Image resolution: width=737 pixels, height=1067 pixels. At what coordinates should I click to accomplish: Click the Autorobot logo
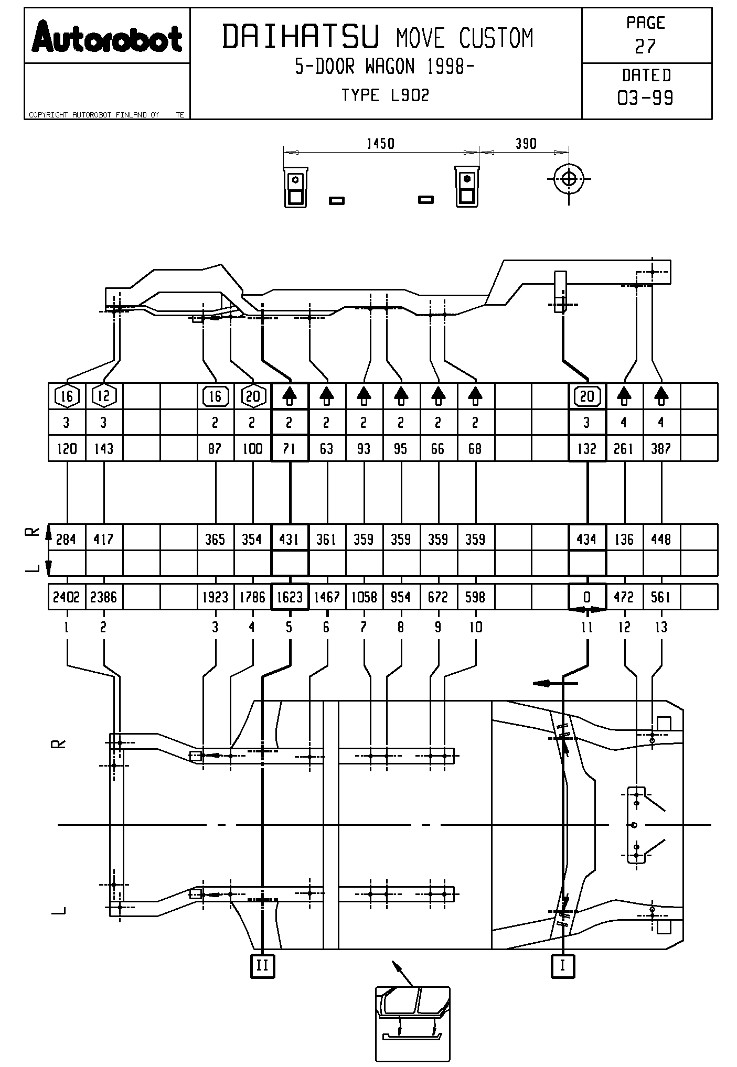pyautogui.click(x=107, y=37)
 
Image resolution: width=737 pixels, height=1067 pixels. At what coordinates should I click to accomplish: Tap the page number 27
pyautogui.click(x=645, y=47)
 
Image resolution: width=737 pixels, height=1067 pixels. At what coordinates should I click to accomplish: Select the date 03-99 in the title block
pyautogui.click(x=646, y=98)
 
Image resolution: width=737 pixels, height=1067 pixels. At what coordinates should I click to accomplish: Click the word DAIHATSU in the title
pyautogui.click(x=301, y=37)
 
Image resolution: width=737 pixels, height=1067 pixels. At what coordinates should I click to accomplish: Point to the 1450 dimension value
pyautogui.click(x=380, y=144)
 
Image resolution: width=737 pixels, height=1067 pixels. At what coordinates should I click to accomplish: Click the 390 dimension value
pyautogui.click(x=526, y=144)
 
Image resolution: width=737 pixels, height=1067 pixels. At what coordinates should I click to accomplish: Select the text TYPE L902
pyautogui.click(x=386, y=95)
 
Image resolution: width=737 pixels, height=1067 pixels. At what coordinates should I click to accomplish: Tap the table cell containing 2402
pyautogui.click(x=66, y=597)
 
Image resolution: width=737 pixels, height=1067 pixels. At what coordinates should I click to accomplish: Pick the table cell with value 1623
pyautogui.click(x=290, y=597)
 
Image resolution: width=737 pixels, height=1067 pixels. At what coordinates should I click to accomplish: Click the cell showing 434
pyautogui.click(x=587, y=539)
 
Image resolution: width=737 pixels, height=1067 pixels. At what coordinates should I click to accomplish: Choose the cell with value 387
pyautogui.click(x=661, y=449)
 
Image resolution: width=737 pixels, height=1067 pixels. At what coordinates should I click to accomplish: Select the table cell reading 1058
pyautogui.click(x=364, y=597)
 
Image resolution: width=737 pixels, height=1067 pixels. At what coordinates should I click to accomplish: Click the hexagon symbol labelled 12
pyautogui.click(x=104, y=396)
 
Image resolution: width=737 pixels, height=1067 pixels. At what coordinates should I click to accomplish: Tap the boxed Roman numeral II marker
pyautogui.click(x=262, y=965)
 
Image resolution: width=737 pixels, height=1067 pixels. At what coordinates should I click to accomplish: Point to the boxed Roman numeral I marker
pyautogui.click(x=563, y=965)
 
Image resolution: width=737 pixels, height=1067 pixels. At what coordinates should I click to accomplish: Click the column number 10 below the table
pyautogui.click(x=475, y=627)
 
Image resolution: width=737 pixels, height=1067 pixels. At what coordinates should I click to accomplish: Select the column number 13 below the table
pyautogui.click(x=661, y=627)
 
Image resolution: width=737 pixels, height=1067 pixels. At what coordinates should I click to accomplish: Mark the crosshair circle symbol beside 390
pyautogui.click(x=569, y=179)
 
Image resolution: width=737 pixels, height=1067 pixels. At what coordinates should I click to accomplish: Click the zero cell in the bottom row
pyautogui.click(x=587, y=597)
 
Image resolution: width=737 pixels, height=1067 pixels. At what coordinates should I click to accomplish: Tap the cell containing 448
pyautogui.click(x=661, y=539)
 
